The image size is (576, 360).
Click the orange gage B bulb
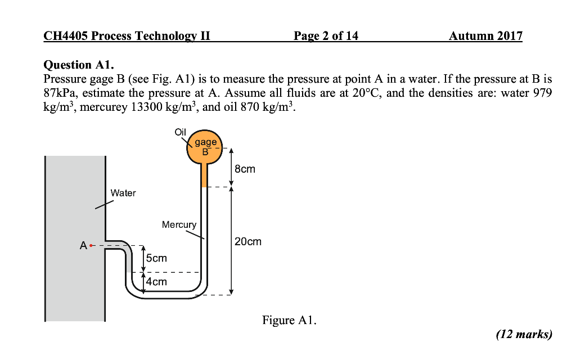pos(205,147)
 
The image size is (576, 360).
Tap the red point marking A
pos(92,246)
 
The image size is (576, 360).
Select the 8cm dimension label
pos(245,169)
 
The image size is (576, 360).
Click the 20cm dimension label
pos(248,242)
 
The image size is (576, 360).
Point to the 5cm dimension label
pos(156,258)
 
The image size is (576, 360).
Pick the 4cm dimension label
pos(156,281)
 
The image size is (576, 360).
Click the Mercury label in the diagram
pos(179,224)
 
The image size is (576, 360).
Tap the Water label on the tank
pos(123,193)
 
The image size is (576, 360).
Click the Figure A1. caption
pos(289,321)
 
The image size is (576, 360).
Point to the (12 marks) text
pos(524,335)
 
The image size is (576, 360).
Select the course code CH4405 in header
pos(66,37)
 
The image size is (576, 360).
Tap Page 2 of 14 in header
pos(326,37)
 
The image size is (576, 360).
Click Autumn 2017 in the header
pos(485,37)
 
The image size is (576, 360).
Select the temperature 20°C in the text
pos(367,93)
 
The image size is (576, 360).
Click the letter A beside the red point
pos(83,246)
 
